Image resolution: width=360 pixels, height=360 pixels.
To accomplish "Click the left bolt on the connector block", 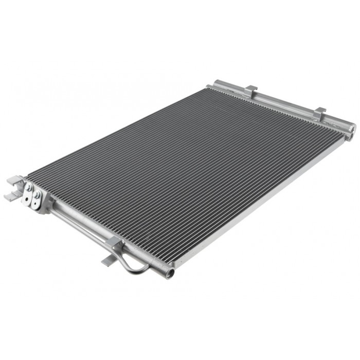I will [28, 189].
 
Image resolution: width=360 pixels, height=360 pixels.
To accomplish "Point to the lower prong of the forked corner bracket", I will [10, 196].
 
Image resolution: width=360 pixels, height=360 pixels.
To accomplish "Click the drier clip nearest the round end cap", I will [320, 113].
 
